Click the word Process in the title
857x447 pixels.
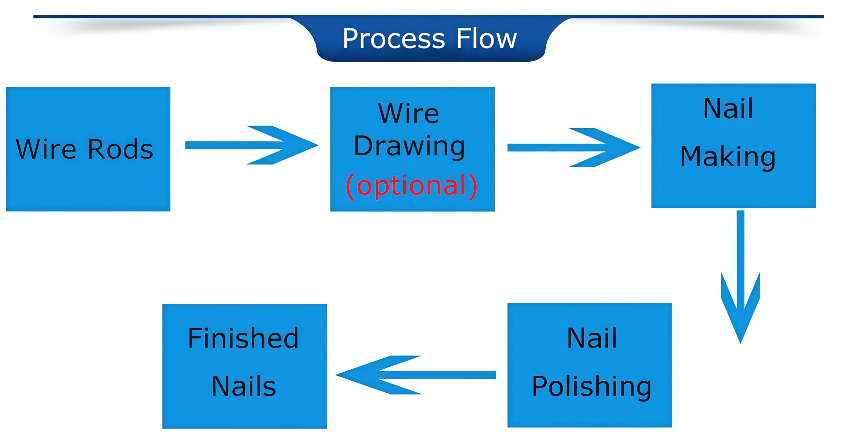[x=393, y=39]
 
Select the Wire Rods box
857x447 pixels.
[x=88, y=188]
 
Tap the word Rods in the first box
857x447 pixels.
[x=120, y=149]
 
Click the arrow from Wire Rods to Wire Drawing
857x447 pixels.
[x=251, y=145]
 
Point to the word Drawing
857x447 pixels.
[x=409, y=146]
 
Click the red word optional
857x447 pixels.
[x=411, y=185]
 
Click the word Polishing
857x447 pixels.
[x=592, y=386]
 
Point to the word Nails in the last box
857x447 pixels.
[x=244, y=386]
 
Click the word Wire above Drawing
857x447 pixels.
[x=408, y=114]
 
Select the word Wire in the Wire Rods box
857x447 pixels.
[x=46, y=149]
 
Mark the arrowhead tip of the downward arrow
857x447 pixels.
[x=740, y=342]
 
